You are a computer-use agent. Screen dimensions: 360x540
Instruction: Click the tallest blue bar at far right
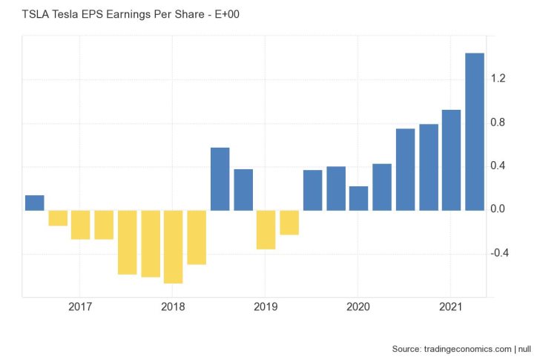(474, 131)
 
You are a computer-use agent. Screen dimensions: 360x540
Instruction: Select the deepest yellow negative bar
(174, 246)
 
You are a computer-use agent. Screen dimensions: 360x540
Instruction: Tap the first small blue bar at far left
(35, 203)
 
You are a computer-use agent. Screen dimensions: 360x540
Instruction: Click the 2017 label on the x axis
(79, 307)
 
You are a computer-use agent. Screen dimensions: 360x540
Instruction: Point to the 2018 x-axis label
(172, 307)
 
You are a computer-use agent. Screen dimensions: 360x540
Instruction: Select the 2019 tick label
(266, 307)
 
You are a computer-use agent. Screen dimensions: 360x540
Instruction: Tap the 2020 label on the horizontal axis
(358, 307)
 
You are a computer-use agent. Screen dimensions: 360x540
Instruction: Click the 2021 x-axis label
(451, 307)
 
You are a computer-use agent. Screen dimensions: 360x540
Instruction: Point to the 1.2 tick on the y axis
(498, 79)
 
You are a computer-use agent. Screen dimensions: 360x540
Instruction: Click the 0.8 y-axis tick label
(498, 122)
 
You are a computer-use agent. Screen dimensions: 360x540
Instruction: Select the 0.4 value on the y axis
(498, 166)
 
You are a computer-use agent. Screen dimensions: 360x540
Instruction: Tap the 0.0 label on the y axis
(498, 210)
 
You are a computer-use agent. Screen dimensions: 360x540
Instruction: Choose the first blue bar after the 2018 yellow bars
(220, 179)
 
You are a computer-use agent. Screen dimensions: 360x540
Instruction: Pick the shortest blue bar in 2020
(358, 198)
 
